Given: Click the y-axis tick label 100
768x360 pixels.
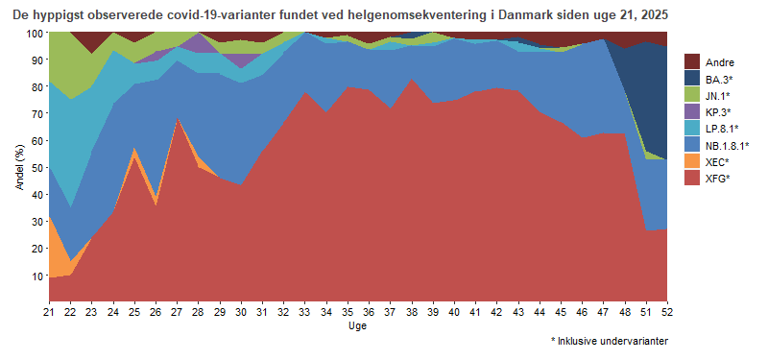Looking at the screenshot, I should pyautogui.click(x=35, y=33).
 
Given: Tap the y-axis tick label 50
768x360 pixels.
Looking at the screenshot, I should pyautogui.click(x=37, y=167).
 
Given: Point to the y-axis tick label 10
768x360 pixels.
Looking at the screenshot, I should pyautogui.click(x=37, y=276).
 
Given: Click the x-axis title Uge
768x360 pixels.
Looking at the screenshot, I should pyautogui.click(x=357, y=325).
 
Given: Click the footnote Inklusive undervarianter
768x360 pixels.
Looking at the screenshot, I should pyautogui.click(x=613, y=341).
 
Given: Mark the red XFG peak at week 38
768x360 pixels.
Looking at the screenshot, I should pyautogui.click(x=411, y=80).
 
